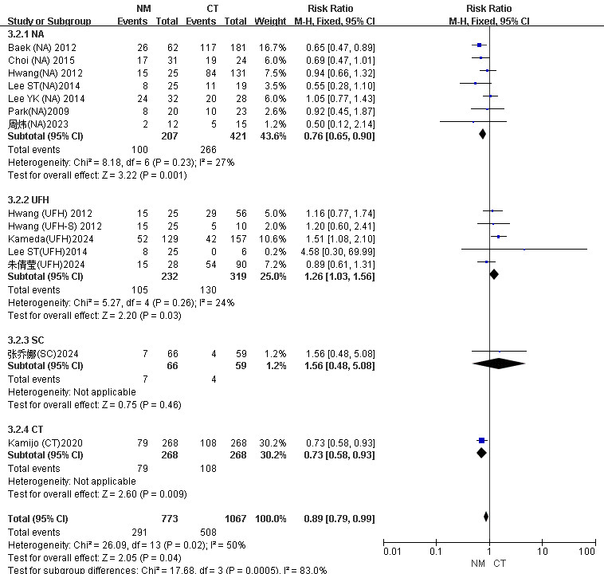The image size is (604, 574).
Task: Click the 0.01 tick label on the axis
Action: [x=390, y=551]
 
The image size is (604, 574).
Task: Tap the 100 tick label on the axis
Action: [x=587, y=551]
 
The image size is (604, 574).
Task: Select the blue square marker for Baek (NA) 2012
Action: [x=479, y=46]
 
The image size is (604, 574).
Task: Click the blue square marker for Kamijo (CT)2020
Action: [x=481, y=440]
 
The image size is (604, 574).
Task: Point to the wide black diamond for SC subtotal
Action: [x=499, y=364]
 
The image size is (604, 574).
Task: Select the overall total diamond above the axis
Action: [x=486, y=517]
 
